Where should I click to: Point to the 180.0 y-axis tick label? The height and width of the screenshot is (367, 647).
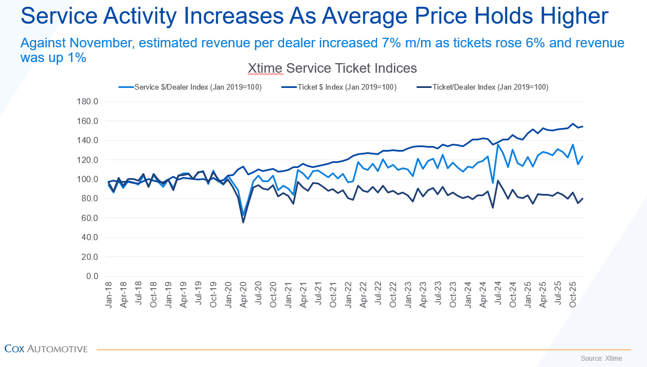coord(87,102)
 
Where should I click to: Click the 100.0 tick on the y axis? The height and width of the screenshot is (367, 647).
coord(87,179)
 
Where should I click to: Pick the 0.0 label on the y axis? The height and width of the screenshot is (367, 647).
coord(92,276)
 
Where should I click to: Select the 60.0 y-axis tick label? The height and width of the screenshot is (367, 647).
coord(89,218)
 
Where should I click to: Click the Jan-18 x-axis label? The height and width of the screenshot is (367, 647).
coord(109,294)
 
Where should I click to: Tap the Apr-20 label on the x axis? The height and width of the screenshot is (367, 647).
coord(243,294)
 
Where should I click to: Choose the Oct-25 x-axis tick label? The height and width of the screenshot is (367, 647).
coord(572,294)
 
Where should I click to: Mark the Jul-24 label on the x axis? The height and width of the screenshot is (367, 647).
coord(497,294)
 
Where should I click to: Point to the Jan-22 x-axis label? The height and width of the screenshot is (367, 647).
coord(348,294)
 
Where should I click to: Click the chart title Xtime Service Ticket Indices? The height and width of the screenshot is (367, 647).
coord(333,68)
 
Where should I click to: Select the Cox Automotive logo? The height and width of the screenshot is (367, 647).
coord(46,349)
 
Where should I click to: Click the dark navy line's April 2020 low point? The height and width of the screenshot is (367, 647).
coord(243,222)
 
